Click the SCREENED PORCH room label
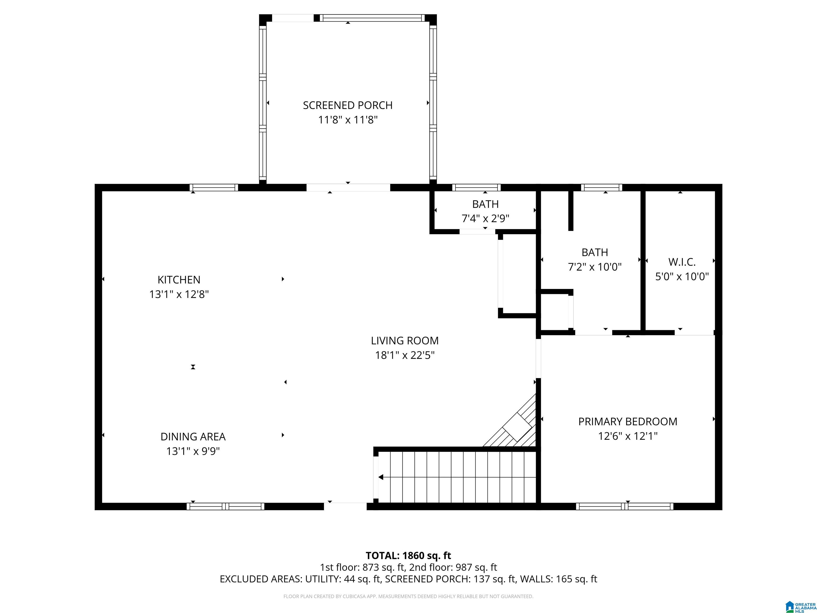(x=348, y=105)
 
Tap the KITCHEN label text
(x=179, y=280)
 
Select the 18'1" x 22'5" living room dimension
(x=405, y=355)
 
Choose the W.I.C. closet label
(x=682, y=262)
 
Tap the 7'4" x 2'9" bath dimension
(x=485, y=218)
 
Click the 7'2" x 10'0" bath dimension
(x=595, y=267)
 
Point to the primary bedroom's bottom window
(x=624, y=506)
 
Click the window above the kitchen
(x=214, y=187)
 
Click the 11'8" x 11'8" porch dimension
(x=348, y=120)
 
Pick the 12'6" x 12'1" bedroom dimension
(x=628, y=436)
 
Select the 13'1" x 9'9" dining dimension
(x=193, y=451)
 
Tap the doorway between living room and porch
(x=348, y=187)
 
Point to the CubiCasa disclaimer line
(x=408, y=596)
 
